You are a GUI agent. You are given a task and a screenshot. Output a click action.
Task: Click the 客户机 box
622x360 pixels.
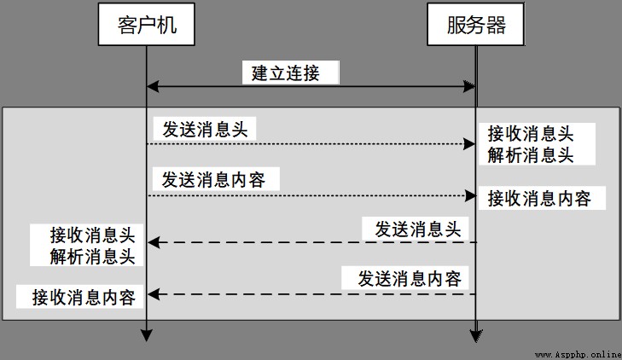click(147, 24)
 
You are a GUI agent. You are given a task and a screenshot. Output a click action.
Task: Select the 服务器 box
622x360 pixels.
click(475, 24)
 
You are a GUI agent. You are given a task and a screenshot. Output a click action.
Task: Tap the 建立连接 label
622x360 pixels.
click(286, 73)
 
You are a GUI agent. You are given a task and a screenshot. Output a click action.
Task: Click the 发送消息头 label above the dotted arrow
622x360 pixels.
click(205, 130)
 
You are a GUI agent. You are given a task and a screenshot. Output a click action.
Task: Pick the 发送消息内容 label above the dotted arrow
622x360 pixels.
click(213, 180)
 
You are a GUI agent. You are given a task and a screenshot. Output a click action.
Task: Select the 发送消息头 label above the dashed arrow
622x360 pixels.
click(418, 229)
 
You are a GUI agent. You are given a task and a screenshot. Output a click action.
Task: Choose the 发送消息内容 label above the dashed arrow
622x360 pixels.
click(410, 278)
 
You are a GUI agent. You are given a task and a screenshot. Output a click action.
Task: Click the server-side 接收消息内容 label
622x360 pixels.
click(539, 198)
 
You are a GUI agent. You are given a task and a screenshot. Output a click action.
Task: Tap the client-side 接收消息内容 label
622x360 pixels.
click(84, 298)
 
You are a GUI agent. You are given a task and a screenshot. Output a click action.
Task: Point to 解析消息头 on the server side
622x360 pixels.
click(531, 154)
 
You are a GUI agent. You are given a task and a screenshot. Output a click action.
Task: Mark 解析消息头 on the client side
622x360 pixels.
click(92, 256)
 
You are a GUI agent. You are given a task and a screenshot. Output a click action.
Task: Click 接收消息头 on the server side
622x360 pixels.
click(531, 134)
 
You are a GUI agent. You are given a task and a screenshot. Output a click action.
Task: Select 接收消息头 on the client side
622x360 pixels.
click(92, 235)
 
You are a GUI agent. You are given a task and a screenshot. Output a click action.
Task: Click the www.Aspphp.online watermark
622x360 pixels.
click(578, 354)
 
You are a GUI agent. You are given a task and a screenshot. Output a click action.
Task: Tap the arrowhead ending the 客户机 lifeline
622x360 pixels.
click(147, 335)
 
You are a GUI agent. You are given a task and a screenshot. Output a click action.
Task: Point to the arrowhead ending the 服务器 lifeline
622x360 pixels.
click(476, 336)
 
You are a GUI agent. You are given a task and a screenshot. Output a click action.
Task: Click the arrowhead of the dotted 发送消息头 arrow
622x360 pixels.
click(469, 144)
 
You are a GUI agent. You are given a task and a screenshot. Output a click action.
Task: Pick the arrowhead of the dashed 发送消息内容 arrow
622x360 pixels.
click(154, 294)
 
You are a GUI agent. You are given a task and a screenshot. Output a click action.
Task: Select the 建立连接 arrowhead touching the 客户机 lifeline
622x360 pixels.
click(153, 86)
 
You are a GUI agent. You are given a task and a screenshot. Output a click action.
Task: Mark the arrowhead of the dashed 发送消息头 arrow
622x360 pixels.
click(154, 242)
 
